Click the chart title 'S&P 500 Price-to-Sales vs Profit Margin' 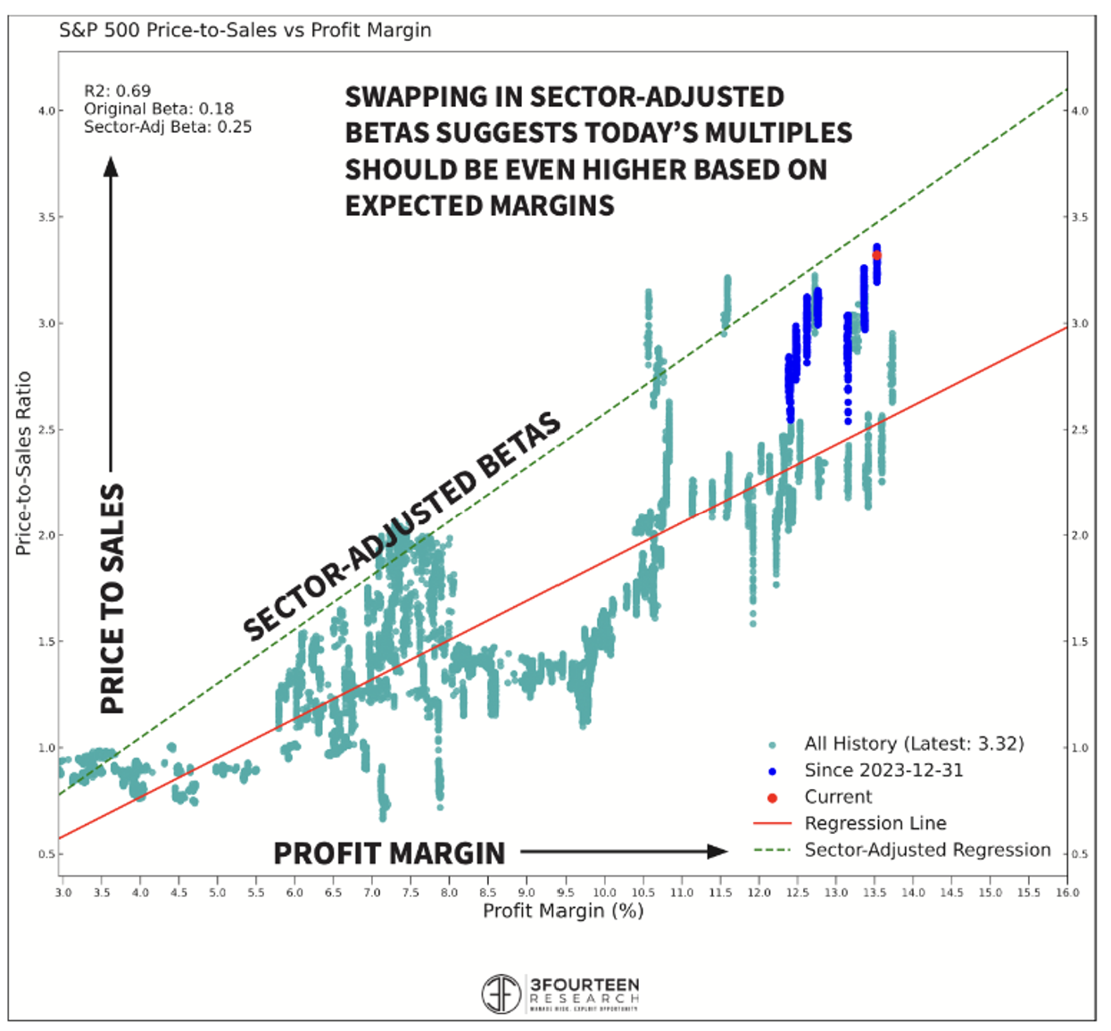(245, 30)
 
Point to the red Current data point (876, 255)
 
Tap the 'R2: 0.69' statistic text (117, 91)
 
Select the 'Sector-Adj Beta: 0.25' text (167, 127)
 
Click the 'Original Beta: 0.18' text (158, 109)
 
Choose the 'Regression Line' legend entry (875, 823)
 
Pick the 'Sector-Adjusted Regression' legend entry (927, 850)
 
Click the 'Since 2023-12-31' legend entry (883, 770)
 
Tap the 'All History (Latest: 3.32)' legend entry (914, 744)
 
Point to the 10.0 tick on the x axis (604, 892)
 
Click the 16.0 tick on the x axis (1067, 892)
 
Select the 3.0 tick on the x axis (62, 892)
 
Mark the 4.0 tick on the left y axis (46, 111)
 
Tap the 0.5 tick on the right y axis (1080, 854)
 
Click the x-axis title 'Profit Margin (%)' (563, 911)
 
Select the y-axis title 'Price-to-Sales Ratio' (23, 463)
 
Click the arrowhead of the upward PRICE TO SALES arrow (111, 167)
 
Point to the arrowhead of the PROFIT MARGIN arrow (717, 852)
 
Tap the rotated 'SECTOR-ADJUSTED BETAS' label (402, 526)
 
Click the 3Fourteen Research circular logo (502, 994)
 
